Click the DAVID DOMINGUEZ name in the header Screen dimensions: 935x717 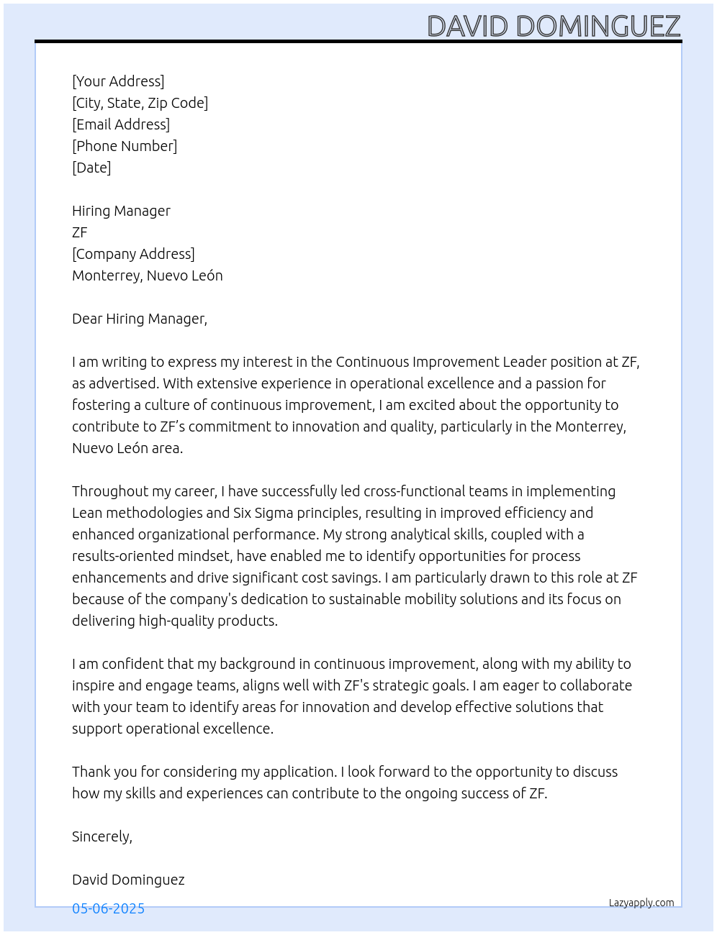553,26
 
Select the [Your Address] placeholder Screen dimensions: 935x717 118,81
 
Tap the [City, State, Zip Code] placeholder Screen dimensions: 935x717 140,103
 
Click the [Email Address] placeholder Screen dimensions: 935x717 121,124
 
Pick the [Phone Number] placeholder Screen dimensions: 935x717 125,146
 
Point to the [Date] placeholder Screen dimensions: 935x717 91,168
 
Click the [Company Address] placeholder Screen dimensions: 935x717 133,254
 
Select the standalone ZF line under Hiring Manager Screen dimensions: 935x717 80,232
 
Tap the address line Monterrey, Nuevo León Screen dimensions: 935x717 148,275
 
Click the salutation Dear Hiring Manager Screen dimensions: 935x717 140,319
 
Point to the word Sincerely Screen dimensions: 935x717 102,836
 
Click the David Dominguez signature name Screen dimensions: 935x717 128,880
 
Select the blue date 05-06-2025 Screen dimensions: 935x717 109,908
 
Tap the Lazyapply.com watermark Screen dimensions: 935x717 641,903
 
